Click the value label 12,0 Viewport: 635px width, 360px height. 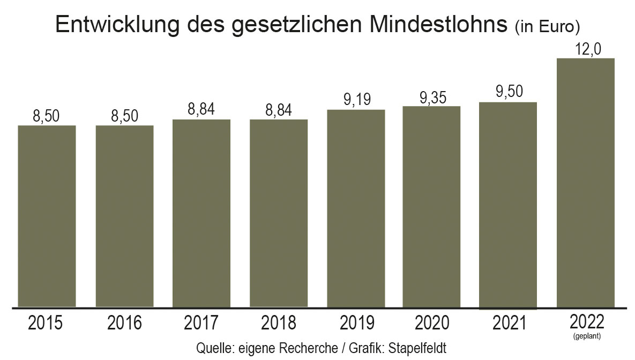pos(587,49)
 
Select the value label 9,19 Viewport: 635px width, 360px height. pos(356,99)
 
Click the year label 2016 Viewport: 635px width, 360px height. pos(124,323)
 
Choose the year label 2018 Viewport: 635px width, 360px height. pos(279,323)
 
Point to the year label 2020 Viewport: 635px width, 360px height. pos(432,323)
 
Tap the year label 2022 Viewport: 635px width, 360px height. pos(587,321)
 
